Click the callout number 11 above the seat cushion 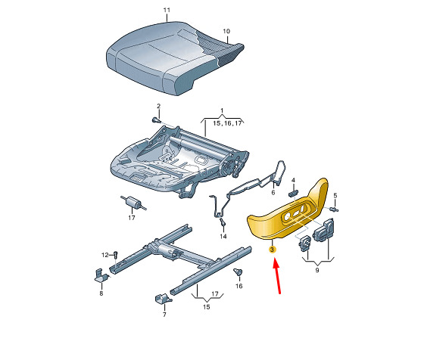click(167, 10)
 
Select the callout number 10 click(226, 31)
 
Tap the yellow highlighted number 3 click(273, 250)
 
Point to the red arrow click(277, 275)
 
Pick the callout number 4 click(293, 180)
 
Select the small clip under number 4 click(294, 193)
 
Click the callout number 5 click(335, 196)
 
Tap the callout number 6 click(273, 192)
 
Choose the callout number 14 click(223, 236)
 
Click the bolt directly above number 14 click(223, 222)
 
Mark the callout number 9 click(317, 270)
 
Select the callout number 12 click(105, 255)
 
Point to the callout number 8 click(101, 293)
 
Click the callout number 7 click(164, 315)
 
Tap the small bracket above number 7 click(163, 299)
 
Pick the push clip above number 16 click(238, 272)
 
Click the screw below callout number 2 click(156, 120)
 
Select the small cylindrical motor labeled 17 click(133, 203)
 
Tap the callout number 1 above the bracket click(222, 110)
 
